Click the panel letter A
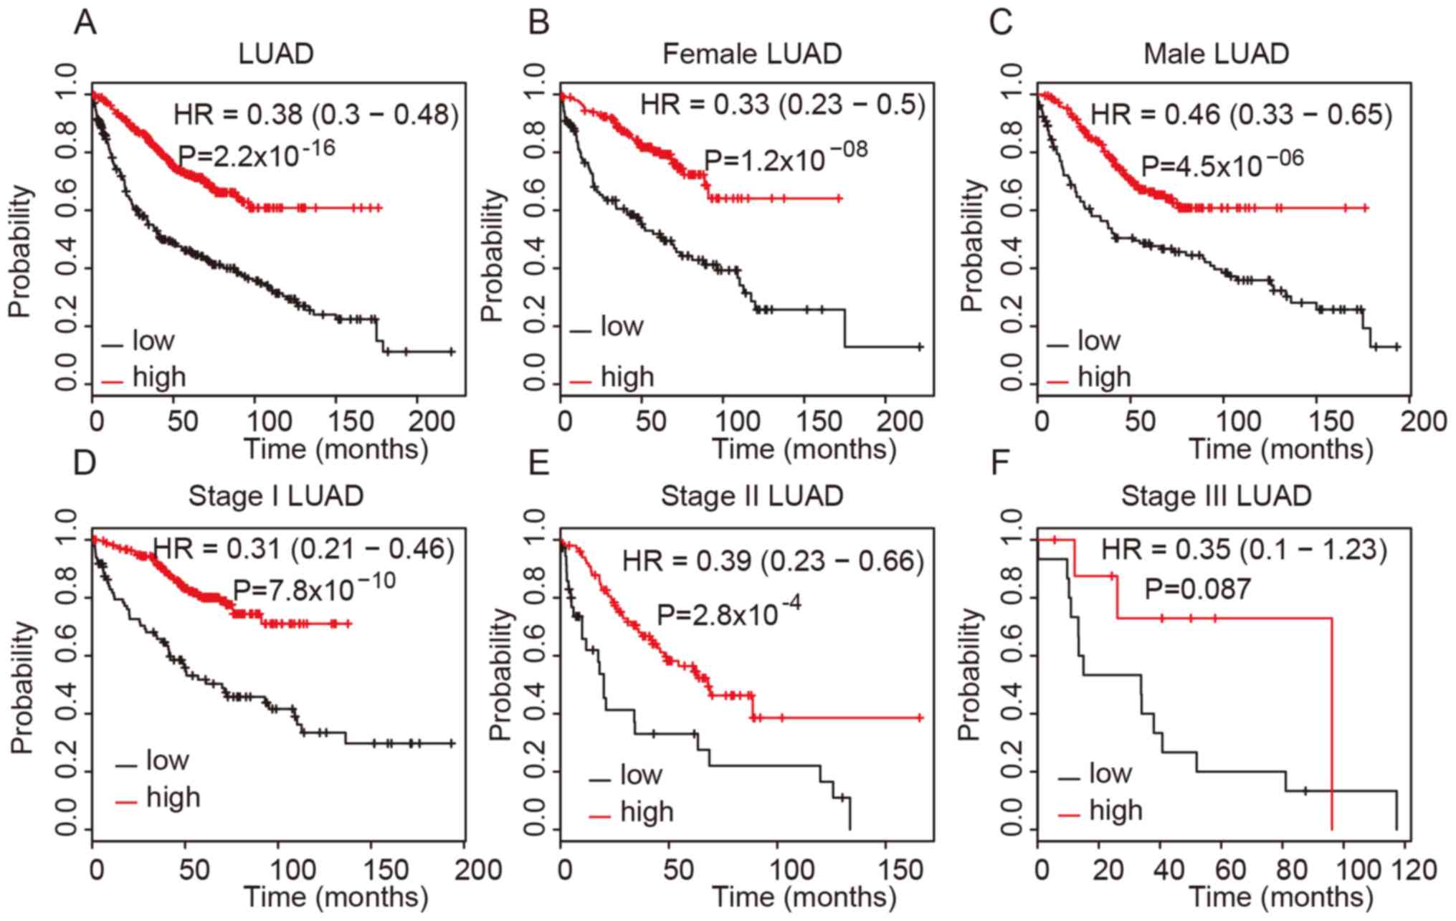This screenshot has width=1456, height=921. pyautogui.click(x=85, y=23)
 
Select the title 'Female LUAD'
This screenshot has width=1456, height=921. pyautogui.click(x=751, y=54)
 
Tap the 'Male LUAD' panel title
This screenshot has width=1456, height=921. pyautogui.click(x=1216, y=54)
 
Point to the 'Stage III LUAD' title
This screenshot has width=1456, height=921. pyautogui.click(x=1216, y=496)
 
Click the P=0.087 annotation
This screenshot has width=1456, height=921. pyautogui.click(x=1197, y=589)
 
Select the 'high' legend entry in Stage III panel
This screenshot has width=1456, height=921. pyautogui.click(x=1115, y=811)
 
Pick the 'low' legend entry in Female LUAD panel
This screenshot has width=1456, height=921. pyautogui.click(x=621, y=327)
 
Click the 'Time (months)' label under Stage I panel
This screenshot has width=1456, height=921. pyautogui.click(x=336, y=897)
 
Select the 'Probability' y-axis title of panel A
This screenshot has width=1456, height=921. pyautogui.click(x=22, y=251)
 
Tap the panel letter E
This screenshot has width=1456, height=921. pyautogui.click(x=538, y=464)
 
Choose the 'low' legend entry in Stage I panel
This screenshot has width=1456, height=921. pyautogui.click(x=167, y=760)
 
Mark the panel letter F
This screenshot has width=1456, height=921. pyautogui.click(x=1001, y=464)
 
